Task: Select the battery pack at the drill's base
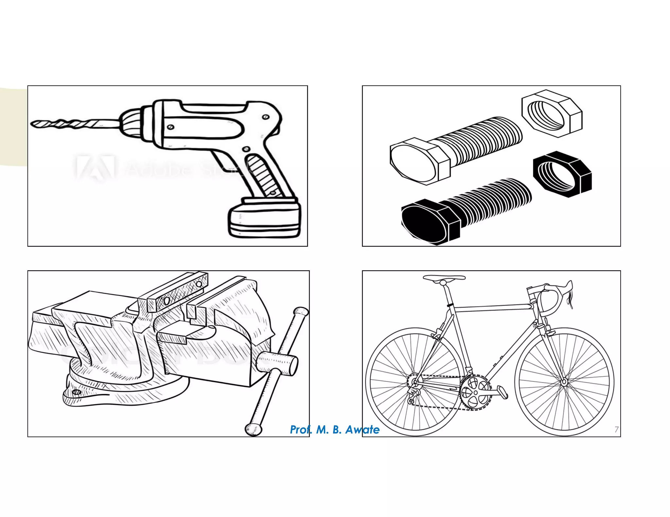[x=264, y=217]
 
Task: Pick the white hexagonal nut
[x=552, y=113]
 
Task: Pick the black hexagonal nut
[x=562, y=174]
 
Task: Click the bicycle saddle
[x=444, y=278]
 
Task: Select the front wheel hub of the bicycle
[x=564, y=382]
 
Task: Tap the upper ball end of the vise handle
[x=301, y=311]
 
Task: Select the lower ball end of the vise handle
[x=254, y=429]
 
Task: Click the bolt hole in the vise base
[x=77, y=392]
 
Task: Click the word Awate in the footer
[x=362, y=429]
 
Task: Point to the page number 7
[x=616, y=429]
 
